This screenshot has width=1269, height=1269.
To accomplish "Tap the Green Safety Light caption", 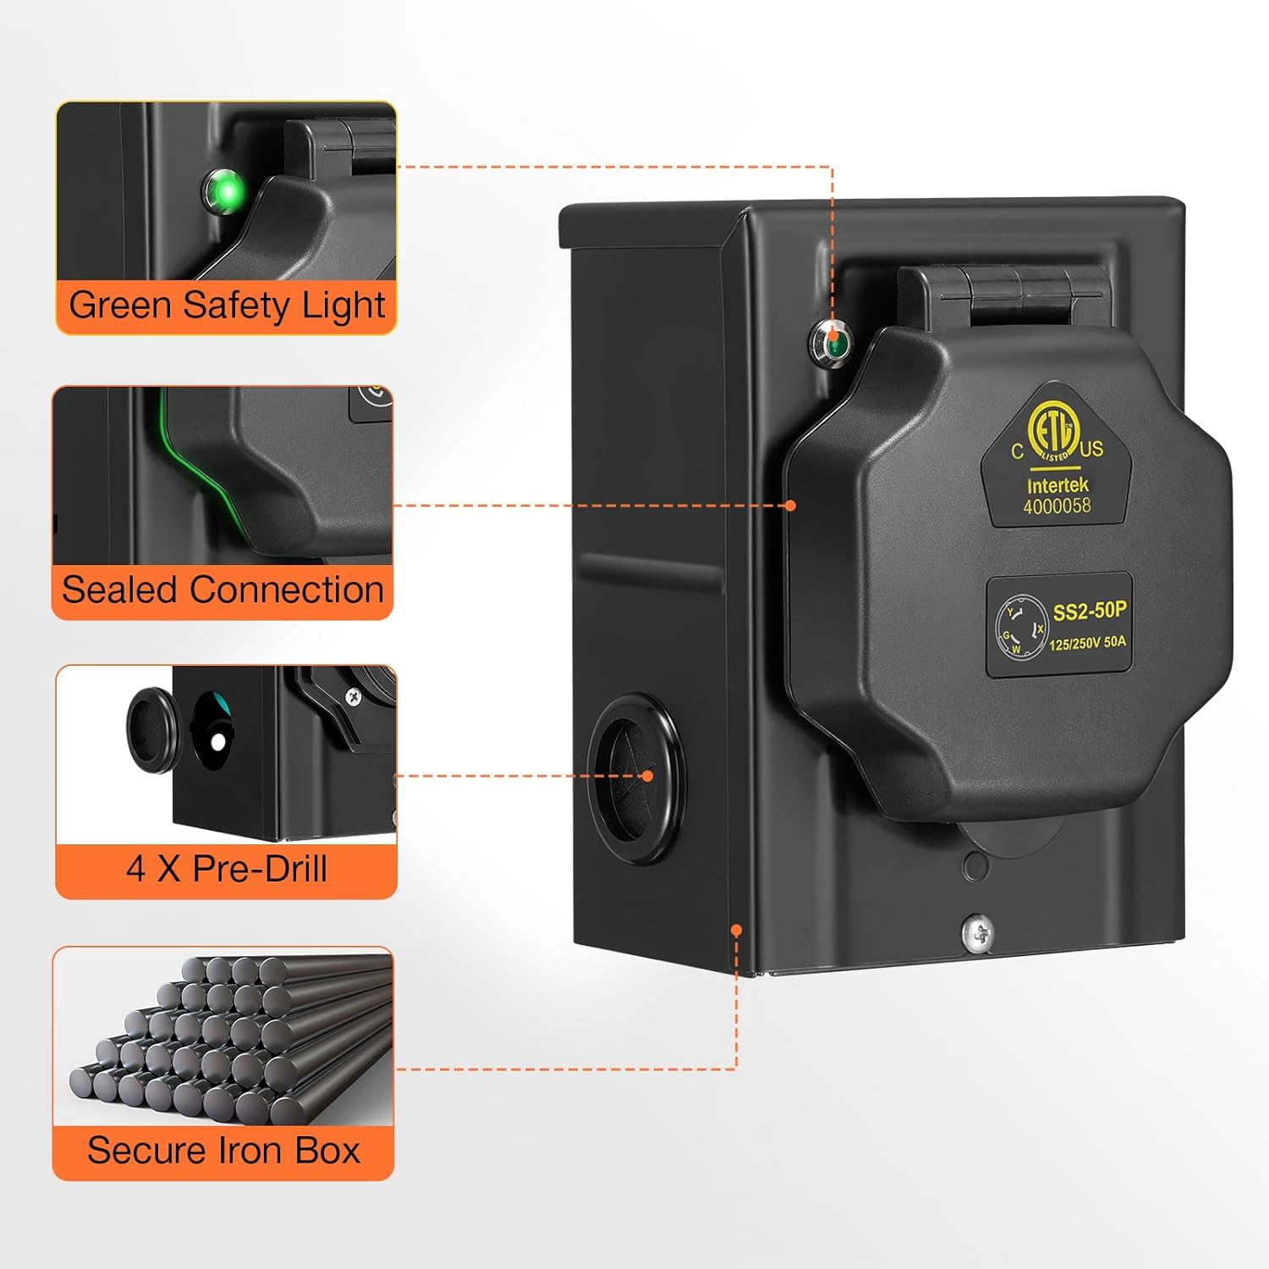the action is [227, 306].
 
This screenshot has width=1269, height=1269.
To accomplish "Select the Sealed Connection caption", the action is [223, 590].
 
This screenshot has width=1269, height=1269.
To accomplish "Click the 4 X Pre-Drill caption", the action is [227, 869].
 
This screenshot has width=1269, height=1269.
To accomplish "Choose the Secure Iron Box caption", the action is [224, 1151].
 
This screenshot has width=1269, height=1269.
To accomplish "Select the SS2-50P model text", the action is [1090, 611].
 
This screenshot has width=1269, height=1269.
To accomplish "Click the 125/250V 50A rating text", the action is [1088, 643].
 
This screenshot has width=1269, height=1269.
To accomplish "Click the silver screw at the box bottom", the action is [977, 933].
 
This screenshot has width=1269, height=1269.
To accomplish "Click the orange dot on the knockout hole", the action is [647, 776].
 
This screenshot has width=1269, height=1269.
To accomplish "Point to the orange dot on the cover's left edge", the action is [790, 505].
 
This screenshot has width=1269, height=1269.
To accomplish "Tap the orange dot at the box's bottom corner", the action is [736, 930].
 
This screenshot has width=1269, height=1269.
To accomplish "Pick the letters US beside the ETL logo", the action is [1091, 448].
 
